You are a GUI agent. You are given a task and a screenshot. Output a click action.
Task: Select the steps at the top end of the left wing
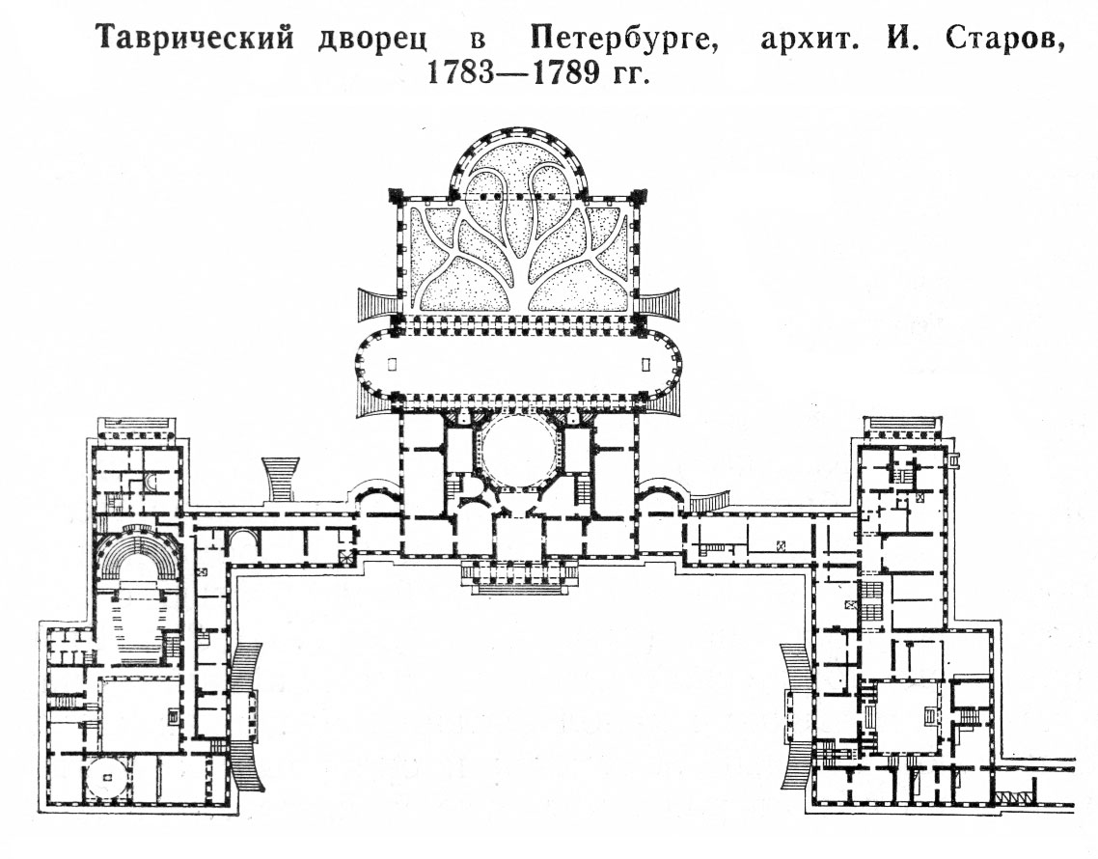[137, 427]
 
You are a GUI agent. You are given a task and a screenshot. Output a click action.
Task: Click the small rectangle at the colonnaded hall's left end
[392, 364]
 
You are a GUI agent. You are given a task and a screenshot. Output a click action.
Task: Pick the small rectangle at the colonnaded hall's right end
[645, 364]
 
